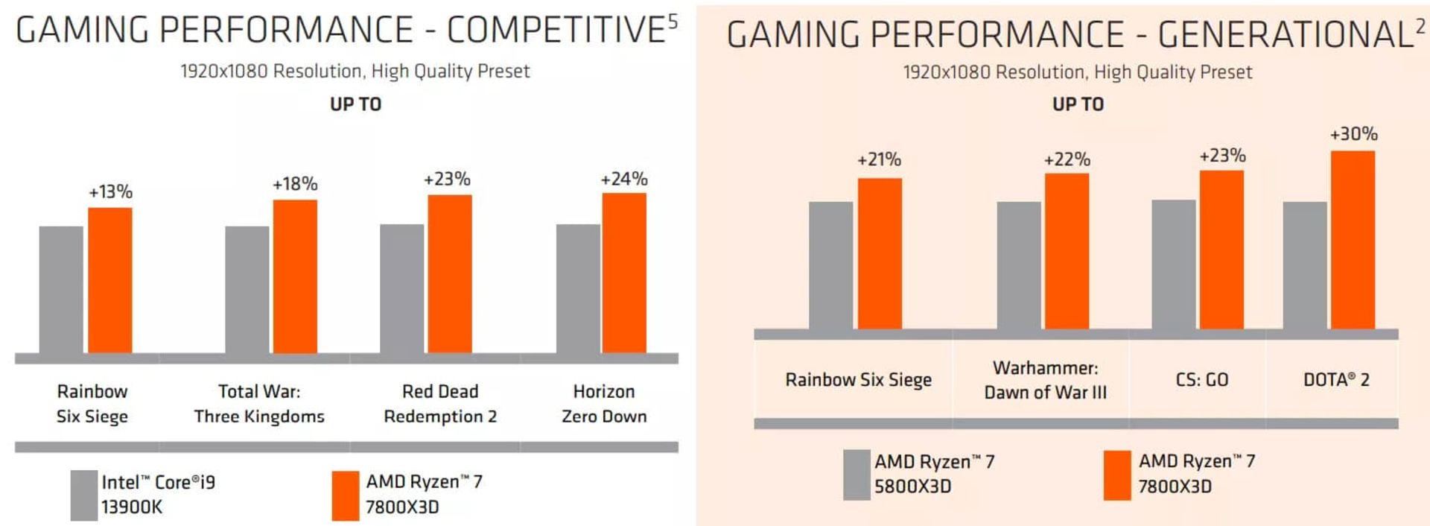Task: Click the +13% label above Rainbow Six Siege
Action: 111,191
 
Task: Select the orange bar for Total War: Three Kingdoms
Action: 295,276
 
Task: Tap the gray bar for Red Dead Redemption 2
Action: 401,288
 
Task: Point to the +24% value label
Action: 624,179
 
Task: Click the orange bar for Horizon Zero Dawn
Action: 624,273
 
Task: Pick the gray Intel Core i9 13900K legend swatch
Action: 83,495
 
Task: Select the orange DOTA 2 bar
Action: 1353,240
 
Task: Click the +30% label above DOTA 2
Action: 1353,134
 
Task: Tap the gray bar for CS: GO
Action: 1173,264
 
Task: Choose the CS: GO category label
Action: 1201,380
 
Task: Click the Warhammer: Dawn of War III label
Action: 1045,380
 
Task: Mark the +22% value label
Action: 1067,159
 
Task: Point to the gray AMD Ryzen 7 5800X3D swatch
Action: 857,475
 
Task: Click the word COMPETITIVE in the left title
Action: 555,31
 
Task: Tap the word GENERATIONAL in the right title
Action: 1285,34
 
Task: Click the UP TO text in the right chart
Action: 1078,104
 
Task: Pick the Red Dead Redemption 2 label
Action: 440,404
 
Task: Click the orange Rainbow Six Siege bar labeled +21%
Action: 880,253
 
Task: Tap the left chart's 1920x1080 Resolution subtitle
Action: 355,72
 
